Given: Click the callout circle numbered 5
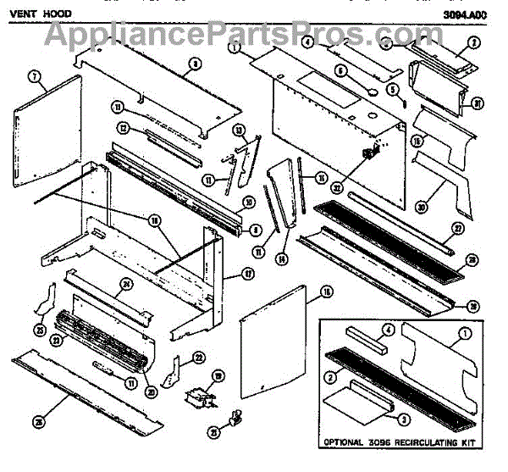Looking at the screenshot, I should (392, 90).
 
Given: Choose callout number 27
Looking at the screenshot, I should (456, 229).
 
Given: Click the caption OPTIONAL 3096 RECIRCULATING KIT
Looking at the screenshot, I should (398, 442).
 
